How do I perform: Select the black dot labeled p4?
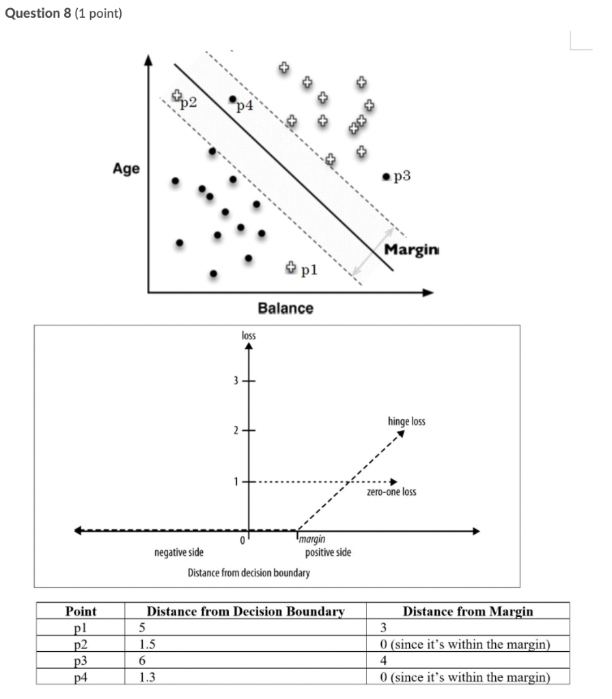point(232,99)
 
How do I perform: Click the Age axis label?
point(126,169)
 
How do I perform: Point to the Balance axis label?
point(286,309)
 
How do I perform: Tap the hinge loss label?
point(406,421)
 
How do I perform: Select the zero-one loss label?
point(391,491)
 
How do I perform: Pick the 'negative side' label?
point(183,552)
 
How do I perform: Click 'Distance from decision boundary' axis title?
point(249,572)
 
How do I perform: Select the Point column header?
point(81,612)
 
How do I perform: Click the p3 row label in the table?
point(81,661)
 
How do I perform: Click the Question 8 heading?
point(63,13)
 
